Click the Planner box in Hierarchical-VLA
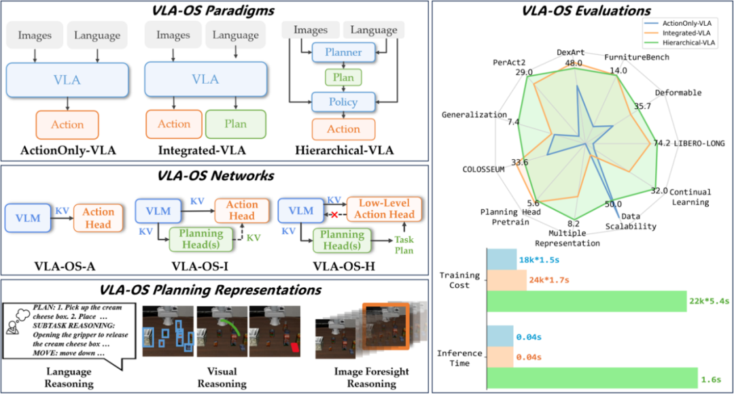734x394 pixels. point(344,52)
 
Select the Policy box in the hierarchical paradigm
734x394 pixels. point(344,103)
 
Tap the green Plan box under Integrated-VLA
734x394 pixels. point(235,124)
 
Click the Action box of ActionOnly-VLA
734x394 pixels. point(67,125)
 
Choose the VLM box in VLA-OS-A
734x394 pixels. point(27,218)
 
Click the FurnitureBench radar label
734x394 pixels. point(637,57)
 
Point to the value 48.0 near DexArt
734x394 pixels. point(574,63)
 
